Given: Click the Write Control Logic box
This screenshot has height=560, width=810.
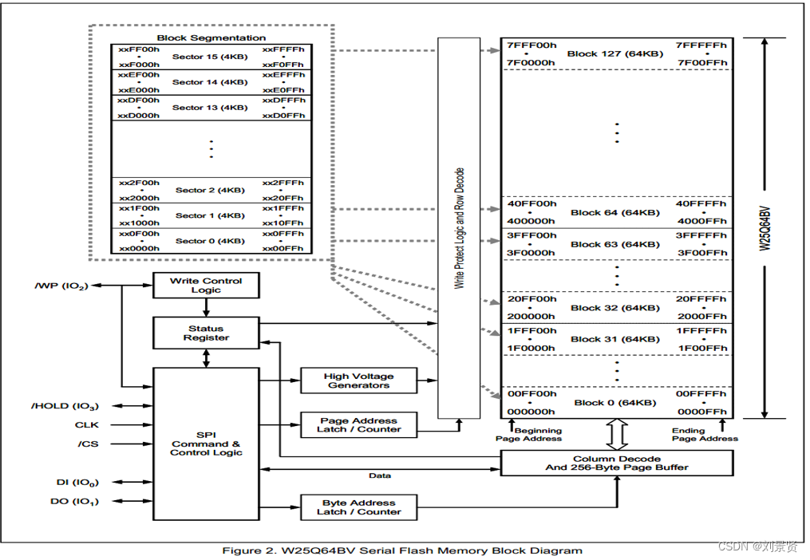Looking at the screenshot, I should click(x=206, y=286).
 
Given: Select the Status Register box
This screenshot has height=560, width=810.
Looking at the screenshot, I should click(x=206, y=333).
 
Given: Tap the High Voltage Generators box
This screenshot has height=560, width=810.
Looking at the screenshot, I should click(x=358, y=381).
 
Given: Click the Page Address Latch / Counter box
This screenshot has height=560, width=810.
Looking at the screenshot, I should click(x=358, y=425).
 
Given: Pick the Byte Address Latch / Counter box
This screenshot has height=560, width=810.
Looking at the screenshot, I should click(x=358, y=507).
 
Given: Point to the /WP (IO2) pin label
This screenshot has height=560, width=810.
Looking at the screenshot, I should click(x=61, y=285).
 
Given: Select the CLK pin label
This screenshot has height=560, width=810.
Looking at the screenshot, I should click(x=87, y=425).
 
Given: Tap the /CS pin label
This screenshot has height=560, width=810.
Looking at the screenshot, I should click(x=88, y=444).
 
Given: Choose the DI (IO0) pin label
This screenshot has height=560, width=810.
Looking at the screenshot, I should click(x=72, y=482).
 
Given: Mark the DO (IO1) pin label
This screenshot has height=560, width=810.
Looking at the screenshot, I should click(x=72, y=501).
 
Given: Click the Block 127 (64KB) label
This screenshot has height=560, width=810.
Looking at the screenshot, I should click(x=614, y=54).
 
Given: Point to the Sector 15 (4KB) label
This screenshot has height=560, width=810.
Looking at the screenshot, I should click(x=210, y=57).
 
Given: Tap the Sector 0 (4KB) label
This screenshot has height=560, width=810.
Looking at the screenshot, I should click(x=210, y=241).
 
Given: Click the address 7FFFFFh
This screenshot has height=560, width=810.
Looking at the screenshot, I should click(x=701, y=45).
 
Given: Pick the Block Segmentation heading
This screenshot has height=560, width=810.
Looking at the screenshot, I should click(x=211, y=37).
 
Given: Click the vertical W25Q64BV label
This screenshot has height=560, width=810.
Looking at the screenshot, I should click(x=765, y=227).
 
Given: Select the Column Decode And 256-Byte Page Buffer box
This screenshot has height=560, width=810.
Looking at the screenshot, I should click(x=616, y=463).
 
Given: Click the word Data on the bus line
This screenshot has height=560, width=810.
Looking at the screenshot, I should click(x=380, y=475).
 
